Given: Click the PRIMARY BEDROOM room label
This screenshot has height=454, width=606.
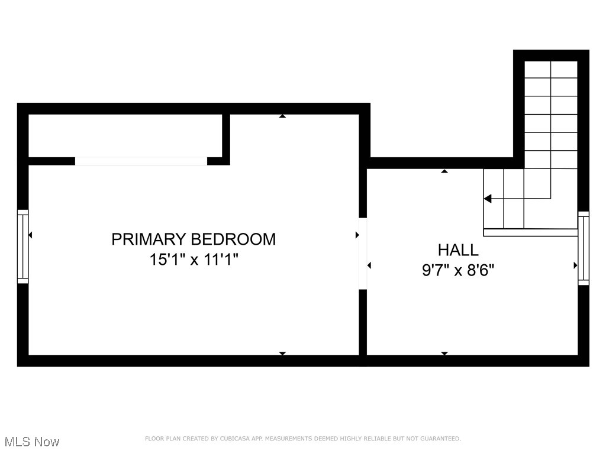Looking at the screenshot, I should (x=194, y=239).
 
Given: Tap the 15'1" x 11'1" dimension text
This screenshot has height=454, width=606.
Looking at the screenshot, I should (x=194, y=260).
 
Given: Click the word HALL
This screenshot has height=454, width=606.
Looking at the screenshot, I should (x=458, y=249).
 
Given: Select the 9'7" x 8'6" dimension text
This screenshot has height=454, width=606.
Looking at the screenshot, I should (x=458, y=270).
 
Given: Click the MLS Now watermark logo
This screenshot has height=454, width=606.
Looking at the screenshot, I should (x=31, y=442).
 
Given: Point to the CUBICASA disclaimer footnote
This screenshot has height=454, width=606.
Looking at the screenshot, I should (x=302, y=439).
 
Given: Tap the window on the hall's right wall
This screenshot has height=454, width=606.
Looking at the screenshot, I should (x=584, y=248).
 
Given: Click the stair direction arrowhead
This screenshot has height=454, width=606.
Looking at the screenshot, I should (x=488, y=199).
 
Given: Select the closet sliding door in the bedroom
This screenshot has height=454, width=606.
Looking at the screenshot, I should (x=141, y=161).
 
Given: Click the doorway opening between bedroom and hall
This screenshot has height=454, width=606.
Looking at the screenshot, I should (x=363, y=254).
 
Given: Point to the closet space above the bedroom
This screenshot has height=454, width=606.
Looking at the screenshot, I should (x=125, y=135).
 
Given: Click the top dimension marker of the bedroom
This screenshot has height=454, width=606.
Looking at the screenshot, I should (x=282, y=116).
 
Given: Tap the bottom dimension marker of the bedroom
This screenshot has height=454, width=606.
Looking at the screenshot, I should (x=282, y=354).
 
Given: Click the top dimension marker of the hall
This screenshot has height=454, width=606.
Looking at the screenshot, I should (x=444, y=171).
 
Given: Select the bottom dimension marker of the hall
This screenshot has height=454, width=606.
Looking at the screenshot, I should (x=444, y=354).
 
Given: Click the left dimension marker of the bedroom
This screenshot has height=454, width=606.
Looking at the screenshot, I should (x=30, y=235).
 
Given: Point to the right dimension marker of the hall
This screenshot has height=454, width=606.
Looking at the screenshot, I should (x=575, y=265).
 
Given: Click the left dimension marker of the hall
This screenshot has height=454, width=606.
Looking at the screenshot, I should (x=369, y=265).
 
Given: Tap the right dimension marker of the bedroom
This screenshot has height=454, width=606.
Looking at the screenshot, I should (x=357, y=235).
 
